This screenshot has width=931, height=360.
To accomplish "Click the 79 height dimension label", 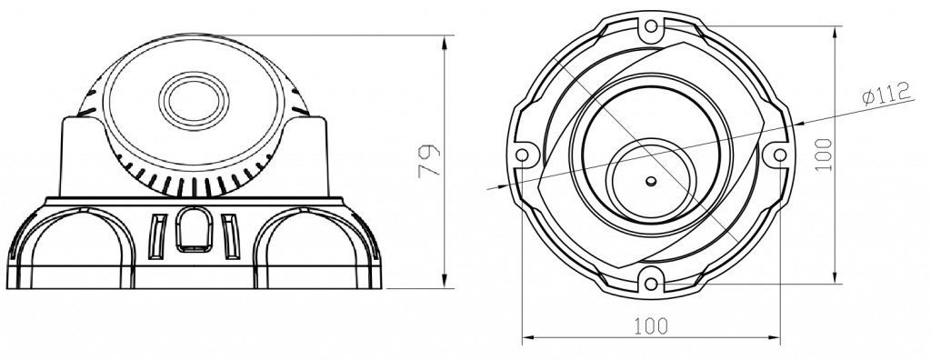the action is [429, 161].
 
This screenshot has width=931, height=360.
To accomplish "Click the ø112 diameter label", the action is [886, 94].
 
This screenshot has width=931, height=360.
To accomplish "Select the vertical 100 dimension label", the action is [824, 155].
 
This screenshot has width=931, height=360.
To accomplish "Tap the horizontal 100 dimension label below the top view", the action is [651, 325].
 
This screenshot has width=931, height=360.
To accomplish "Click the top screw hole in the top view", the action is [651, 26].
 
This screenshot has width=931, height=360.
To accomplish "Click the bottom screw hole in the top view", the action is [651, 284].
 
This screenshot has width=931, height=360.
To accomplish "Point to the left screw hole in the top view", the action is [523, 155].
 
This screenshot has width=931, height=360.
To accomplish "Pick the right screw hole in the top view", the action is [780, 155].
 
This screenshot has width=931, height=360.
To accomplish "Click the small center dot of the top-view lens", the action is [651, 181].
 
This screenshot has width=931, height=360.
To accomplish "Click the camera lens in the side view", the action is [195, 101].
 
